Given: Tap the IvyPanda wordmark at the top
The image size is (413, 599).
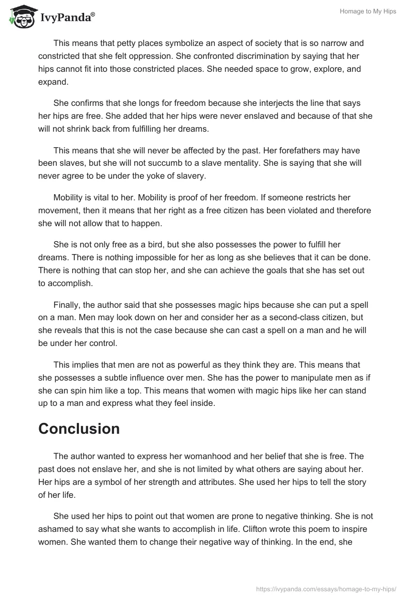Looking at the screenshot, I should click(67, 18).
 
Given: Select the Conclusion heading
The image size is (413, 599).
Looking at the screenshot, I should click(79, 429).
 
